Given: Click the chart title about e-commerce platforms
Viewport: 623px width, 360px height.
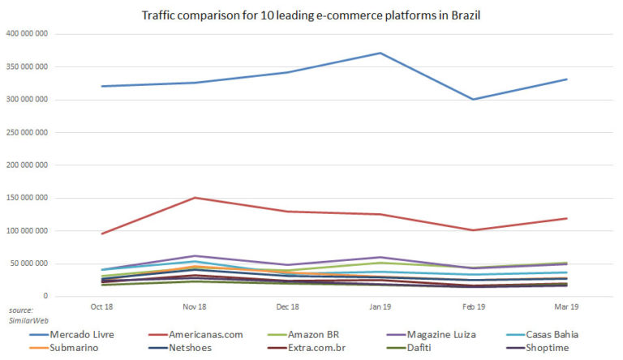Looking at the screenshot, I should tap(311, 15).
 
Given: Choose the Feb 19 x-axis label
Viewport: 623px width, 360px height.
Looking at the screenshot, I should tap(475, 307).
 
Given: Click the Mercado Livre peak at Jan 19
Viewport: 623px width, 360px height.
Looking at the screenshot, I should tap(381, 53).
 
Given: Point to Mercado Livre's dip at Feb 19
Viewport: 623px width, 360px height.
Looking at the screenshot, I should tap(474, 100).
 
